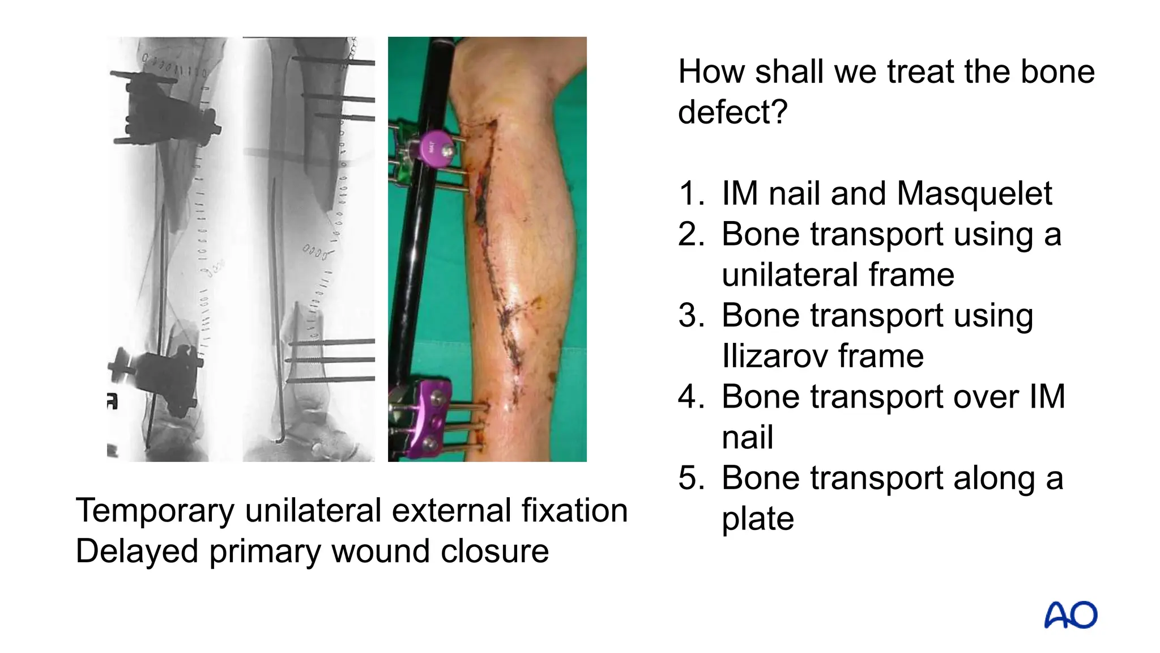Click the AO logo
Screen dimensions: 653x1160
tap(1070, 615)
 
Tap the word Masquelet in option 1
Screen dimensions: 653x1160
tap(974, 194)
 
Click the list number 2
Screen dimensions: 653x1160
tap(692, 235)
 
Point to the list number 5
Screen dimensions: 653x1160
tap(692, 478)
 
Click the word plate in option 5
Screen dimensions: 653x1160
tap(757, 519)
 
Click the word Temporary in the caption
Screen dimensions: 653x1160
tap(155, 511)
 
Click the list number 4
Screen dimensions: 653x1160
tap(692, 397)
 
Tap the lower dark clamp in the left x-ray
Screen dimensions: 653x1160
tap(164, 374)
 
